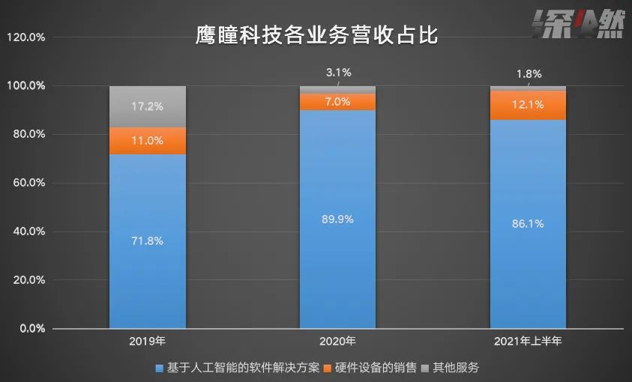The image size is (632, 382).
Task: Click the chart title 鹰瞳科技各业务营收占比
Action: pos(316,34)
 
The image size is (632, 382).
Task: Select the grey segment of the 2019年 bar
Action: pos(147,106)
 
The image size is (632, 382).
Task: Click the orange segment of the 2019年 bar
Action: pos(147,140)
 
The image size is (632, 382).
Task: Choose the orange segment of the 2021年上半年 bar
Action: pos(528,105)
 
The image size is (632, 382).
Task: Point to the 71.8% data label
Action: pos(147,241)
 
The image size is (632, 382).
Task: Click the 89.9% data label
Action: pos(337,219)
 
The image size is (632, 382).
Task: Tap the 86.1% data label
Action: pos(528,224)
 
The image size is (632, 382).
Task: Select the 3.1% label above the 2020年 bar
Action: pos(338,73)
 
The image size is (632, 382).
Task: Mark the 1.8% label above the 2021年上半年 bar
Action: pos(529,74)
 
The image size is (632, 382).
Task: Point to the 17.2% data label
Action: pos(147,106)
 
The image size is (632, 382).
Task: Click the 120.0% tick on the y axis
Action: pos(26,37)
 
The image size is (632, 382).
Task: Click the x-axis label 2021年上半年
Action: pos(528,342)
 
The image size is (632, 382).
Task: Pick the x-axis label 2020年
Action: pos(337,342)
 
